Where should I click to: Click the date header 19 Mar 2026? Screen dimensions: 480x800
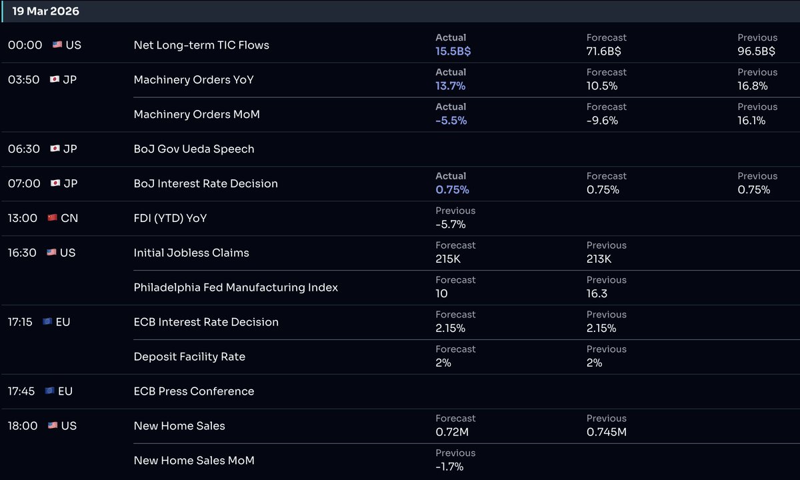click(45, 11)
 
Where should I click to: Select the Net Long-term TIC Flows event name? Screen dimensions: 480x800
click(201, 45)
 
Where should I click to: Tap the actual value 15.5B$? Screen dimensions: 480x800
click(453, 51)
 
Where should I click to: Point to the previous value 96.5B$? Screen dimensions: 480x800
click(756, 51)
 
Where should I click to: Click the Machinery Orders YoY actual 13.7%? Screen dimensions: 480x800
click(450, 86)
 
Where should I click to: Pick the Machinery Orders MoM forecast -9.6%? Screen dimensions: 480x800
click(602, 121)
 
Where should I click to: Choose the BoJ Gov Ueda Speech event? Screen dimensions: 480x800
click(194, 149)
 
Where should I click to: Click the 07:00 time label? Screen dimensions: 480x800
click(24, 183)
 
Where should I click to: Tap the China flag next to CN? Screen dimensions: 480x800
click(53, 218)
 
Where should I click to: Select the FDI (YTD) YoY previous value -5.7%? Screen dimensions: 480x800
click(451, 225)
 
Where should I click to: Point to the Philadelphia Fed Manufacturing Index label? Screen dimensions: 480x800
click(235, 288)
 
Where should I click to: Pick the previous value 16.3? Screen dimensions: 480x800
click(598, 294)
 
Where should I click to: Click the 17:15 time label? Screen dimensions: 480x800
click(20, 322)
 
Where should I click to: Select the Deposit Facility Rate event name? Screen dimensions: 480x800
click(189, 357)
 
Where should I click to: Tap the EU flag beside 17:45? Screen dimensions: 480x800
click(49, 391)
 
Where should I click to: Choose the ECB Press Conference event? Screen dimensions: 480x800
click(194, 392)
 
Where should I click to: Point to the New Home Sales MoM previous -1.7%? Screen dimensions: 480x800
click(449, 467)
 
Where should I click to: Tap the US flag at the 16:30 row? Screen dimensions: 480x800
click(51, 253)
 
